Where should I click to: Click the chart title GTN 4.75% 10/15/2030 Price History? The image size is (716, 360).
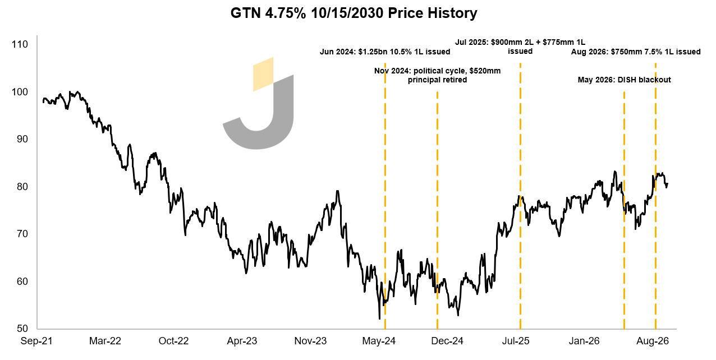click(x=354, y=13)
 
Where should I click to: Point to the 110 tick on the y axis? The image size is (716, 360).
click(x=20, y=44)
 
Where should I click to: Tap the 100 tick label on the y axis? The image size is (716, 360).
click(x=20, y=92)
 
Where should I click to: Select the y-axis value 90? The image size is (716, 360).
click(x=22, y=139)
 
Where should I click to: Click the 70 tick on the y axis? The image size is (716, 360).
click(x=22, y=234)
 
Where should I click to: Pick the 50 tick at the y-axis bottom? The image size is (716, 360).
click(x=22, y=329)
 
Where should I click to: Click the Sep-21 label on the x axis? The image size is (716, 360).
click(x=36, y=341)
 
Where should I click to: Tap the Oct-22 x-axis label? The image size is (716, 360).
click(x=173, y=341)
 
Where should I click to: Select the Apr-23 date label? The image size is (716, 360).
click(x=242, y=341)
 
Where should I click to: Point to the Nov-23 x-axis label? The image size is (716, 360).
click(x=310, y=341)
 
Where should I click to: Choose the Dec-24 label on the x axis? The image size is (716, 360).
click(x=447, y=341)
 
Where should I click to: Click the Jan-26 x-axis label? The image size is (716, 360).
click(x=584, y=341)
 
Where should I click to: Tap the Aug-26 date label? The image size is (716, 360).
click(x=653, y=341)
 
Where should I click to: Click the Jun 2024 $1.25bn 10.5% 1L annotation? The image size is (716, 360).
click(x=385, y=52)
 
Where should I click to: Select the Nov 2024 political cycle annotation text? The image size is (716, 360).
click(x=437, y=75)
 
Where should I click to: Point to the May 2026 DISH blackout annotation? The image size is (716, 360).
click(x=624, y=80)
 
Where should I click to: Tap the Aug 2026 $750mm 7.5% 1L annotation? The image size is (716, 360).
click(x=636, y=52)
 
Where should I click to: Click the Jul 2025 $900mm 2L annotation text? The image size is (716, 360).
click(x=520, y=47)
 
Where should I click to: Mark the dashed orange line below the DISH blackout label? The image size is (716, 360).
click(x=624, y=210)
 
